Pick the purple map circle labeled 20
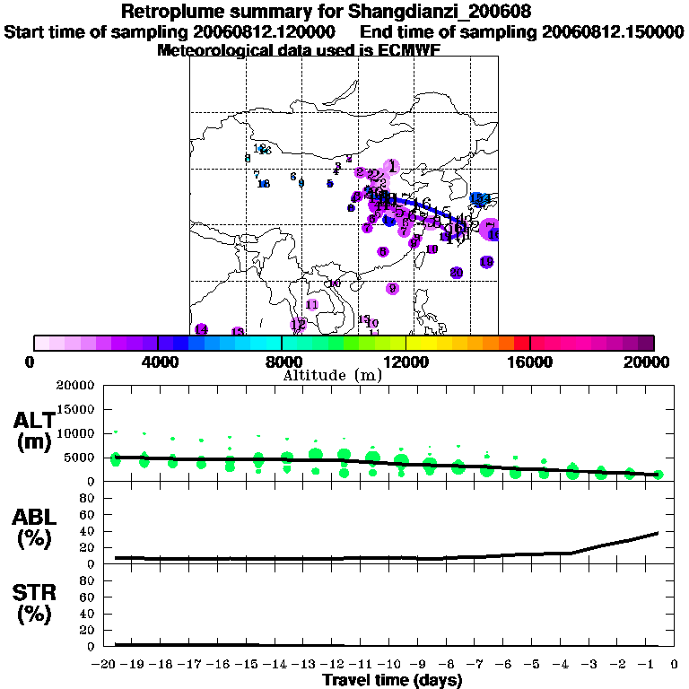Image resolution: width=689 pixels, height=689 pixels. coord(456,273)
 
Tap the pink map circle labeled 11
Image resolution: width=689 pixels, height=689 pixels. coord(312,305)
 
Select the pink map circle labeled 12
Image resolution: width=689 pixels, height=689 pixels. coord(298,325)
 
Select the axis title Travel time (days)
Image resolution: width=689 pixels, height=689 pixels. coord(392,681)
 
